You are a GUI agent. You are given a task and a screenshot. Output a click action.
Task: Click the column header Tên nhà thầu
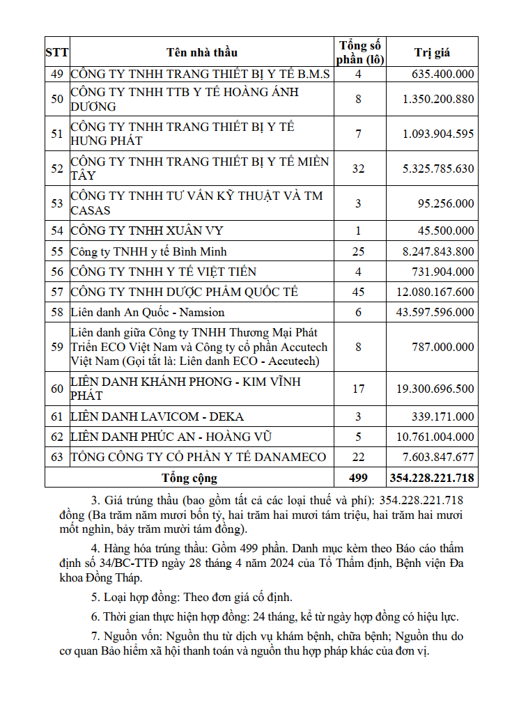tap(201, 52)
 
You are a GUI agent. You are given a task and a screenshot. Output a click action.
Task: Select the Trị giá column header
tap(432, 52)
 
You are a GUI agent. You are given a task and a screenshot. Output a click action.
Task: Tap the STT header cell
tap(57, 52)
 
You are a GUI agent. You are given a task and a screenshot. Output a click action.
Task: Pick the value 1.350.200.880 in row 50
tap(437, 99)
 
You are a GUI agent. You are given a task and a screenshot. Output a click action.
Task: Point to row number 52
tap(57, 169)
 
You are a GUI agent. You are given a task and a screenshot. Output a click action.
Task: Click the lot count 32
tap(358, 169)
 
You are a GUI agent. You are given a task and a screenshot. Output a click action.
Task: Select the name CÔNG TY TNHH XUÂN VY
tap(147, 231)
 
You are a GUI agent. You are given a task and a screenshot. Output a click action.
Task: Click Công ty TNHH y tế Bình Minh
tap(148, 251)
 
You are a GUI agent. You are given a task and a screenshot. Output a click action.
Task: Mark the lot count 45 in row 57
tap(358, 292)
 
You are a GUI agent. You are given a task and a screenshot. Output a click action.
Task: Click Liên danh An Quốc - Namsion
tap(147, 313)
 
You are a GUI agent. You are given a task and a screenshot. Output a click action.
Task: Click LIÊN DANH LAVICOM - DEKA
tap(157, 416)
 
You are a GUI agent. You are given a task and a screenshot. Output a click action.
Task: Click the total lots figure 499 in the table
tap(358, 478)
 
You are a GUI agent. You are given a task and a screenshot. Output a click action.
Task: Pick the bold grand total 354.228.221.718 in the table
tap(431, 478)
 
